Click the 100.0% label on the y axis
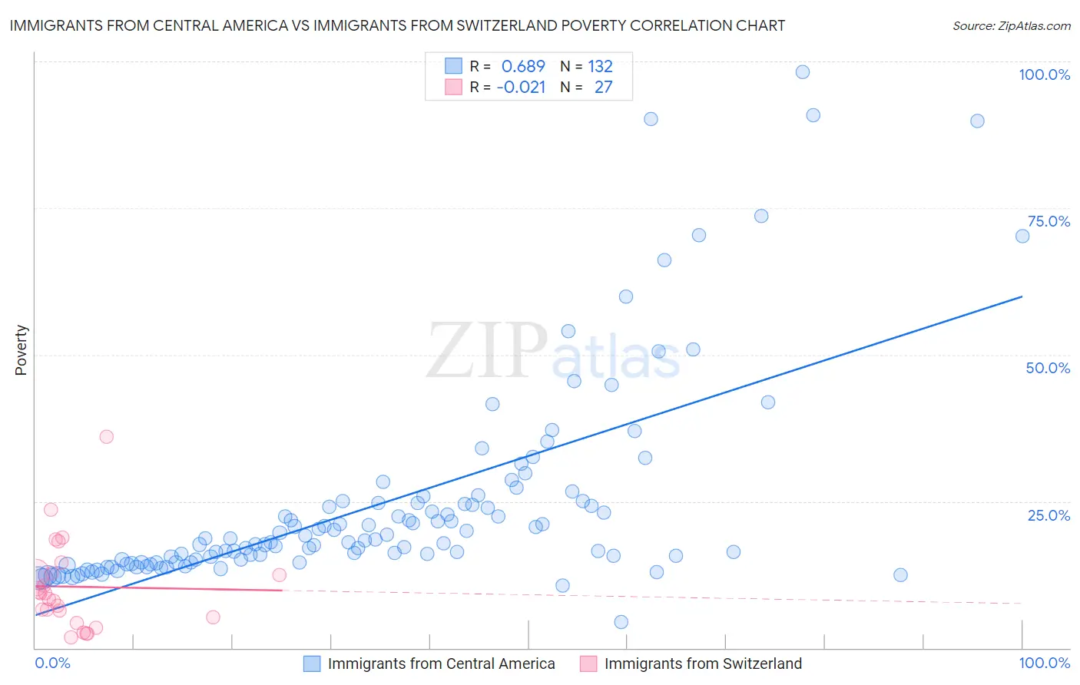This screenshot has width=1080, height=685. pos(1044,74)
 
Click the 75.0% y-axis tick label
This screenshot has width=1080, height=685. pos(1049,221)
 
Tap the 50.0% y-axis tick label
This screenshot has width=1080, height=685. pos(1048,368)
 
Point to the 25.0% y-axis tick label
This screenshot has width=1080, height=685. pos(1049,515)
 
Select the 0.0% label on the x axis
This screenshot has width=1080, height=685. pos(52,663)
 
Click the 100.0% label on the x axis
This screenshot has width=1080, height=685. pos(1044,663)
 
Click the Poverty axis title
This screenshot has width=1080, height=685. pos(21,350)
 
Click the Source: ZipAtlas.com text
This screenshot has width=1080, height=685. pos(1011,25)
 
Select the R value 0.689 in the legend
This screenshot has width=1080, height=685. pos(522,66)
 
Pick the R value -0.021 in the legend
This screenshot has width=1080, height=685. pos(521,87)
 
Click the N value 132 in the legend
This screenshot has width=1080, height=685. pos(600,66)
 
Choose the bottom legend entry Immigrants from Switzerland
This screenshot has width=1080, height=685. pos(702,663)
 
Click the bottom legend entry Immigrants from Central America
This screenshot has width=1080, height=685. pos(441,663)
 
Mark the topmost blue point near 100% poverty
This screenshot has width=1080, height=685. pos(803,72)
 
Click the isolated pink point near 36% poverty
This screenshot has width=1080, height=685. pos(107,437)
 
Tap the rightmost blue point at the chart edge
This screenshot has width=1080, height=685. pos(1022,237)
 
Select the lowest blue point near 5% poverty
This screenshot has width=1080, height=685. pos(621,622)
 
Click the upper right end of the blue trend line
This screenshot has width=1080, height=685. pos(1022,296)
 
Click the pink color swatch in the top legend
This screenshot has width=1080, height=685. pos(453,87)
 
